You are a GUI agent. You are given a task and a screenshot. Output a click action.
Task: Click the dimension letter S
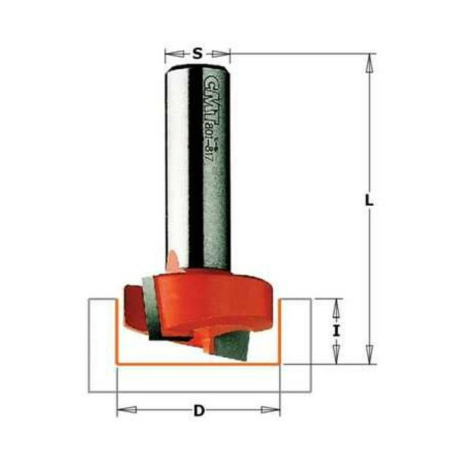[198, 53]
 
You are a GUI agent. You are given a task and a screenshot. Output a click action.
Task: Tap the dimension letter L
[369, 201]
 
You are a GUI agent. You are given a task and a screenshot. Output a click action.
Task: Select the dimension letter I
[334, 331]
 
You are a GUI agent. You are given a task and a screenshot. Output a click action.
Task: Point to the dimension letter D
[199, 411]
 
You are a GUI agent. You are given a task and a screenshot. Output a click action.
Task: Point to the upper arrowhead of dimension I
[334, 305]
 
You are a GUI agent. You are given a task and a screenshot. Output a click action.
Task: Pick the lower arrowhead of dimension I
[334, 356]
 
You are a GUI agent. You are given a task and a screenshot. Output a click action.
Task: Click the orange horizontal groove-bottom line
[198, 363]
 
